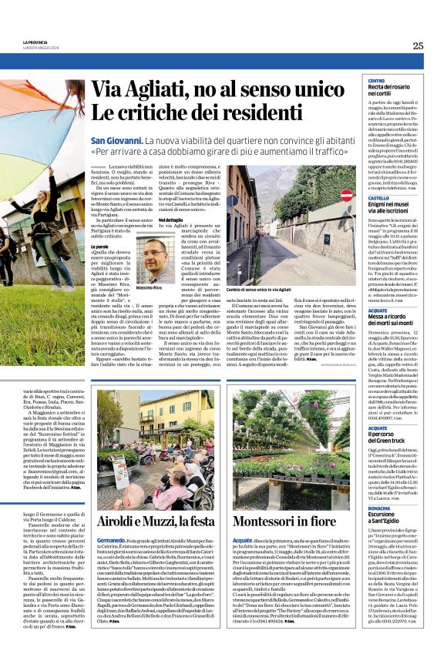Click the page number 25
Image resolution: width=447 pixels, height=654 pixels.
418,45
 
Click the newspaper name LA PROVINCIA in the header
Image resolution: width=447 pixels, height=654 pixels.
35,42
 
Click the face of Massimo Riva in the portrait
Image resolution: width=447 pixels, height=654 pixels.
155,255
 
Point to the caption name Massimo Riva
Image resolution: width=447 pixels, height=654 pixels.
150,287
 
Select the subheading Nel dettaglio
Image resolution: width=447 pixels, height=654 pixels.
170,220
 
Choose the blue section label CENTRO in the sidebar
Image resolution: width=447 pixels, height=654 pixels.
376,81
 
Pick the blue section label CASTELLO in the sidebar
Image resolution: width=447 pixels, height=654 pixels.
379,198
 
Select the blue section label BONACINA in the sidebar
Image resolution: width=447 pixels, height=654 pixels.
380,531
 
